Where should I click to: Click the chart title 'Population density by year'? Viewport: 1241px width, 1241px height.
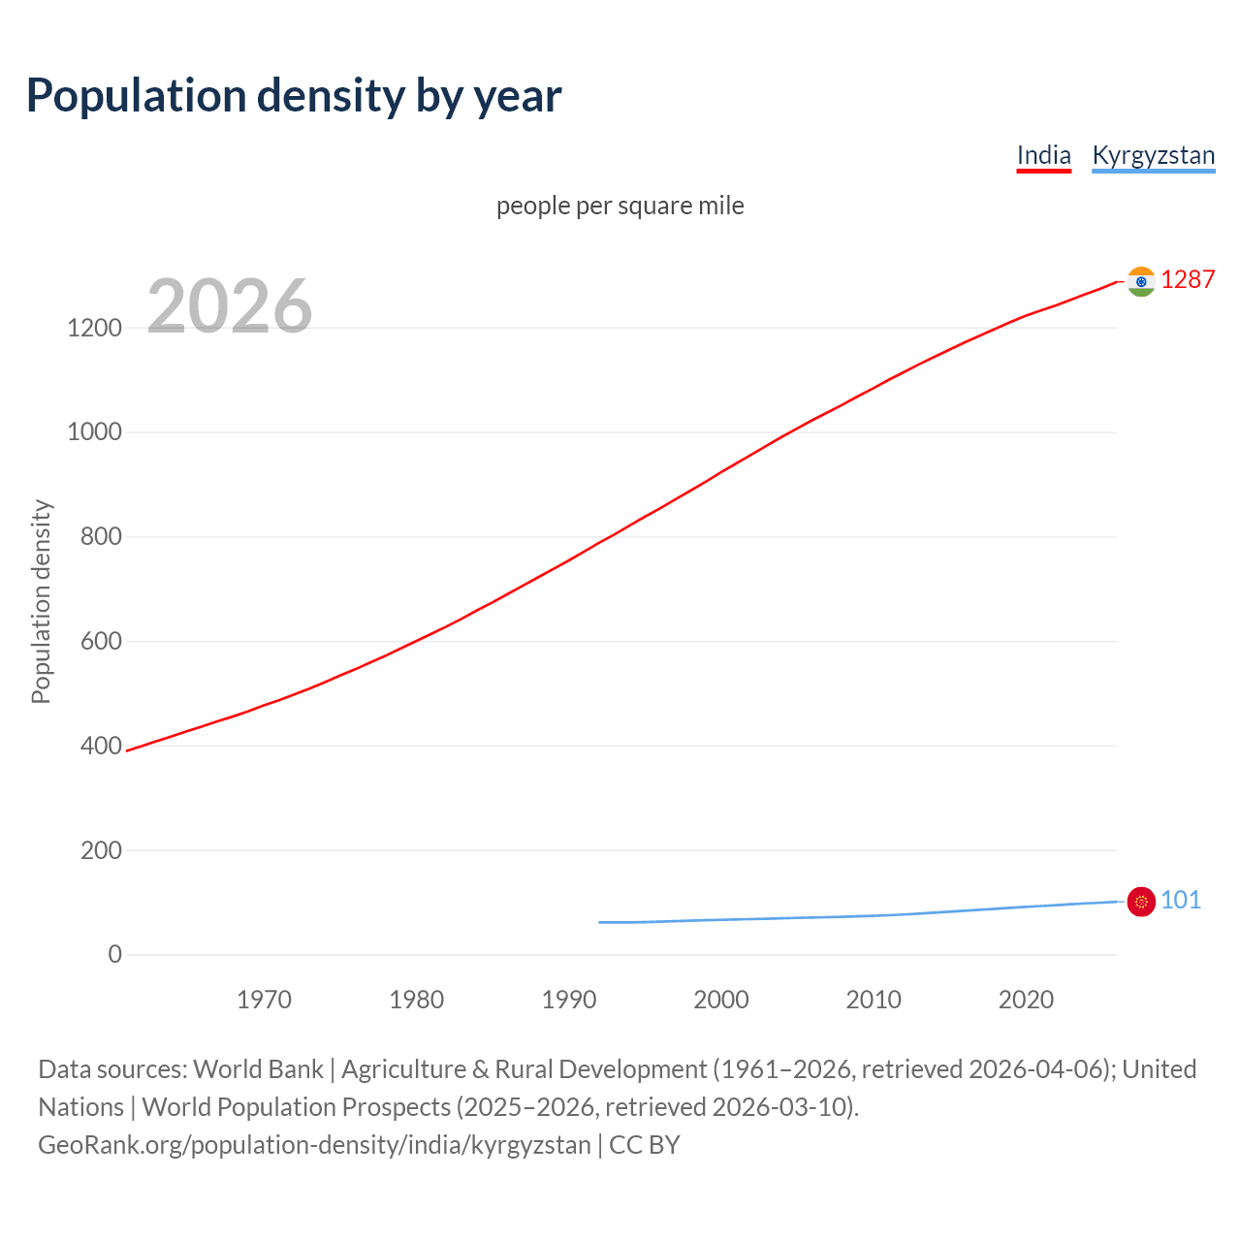[x=294, y=95]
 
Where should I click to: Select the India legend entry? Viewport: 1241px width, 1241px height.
[x=1043, y=155]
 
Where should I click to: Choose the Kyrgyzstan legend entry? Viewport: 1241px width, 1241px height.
[x=1153, y=155]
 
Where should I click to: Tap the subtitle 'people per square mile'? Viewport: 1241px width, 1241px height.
[x=620, y=206]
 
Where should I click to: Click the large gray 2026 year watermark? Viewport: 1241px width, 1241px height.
[x=230, y=306]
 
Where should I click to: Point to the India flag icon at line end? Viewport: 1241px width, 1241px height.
[x=1141, y=281]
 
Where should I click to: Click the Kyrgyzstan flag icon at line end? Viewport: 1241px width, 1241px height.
[x=1141, y=902]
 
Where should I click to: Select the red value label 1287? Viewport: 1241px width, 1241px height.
[x=1187, y=279]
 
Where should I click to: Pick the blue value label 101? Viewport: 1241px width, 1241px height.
[x=1180, y=900]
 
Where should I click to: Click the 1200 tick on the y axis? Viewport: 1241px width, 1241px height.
[x=95, y=328]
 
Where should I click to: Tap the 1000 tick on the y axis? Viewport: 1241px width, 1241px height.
[x=95, y=432]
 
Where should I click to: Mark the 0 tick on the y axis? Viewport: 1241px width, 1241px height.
[x=115, y=954]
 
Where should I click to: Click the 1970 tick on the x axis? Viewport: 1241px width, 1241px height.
[x=264, y=1000]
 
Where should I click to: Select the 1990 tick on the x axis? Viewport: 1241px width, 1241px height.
[x=569, y=1000]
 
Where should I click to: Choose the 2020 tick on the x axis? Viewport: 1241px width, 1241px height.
[x=1026, y=1000]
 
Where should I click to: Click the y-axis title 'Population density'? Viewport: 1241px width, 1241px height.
[x=41, y=601]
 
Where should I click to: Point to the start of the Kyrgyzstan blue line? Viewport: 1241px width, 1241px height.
[x=600, y=922]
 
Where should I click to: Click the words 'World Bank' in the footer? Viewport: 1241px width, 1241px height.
[x=258, y=1069]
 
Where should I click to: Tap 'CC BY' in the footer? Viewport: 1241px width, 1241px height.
[x=644, y=1145]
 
